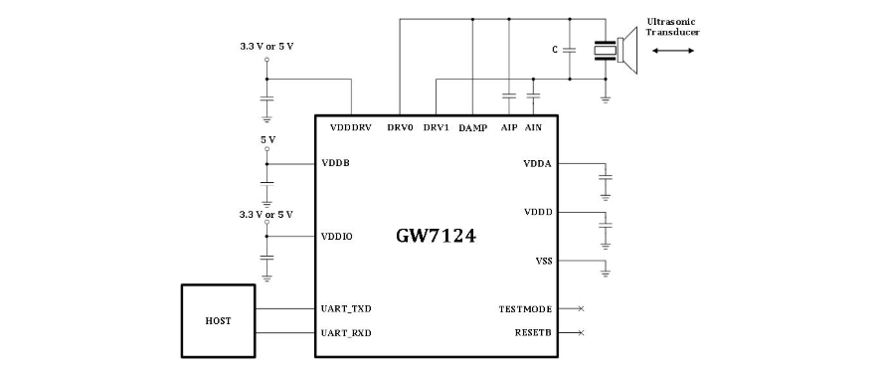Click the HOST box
tap(218, 321)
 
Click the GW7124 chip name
tap(436, 236)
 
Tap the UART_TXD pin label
tap(346, 309)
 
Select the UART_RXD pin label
tap(346, 333)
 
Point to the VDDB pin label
tap(335, 163)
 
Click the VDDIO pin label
tap(337, 236)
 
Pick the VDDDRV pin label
tap(350, 127)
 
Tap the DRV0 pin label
tap(400, 127)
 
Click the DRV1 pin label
tap(437, 127)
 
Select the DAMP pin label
tap(473, 127)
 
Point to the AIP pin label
tap(509, 127)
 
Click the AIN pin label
tap(533, 127)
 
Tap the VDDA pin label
tap(538, 164)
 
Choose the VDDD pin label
tap(538, 213)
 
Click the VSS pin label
tap(544, 261)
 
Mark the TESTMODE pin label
tap(525, 309)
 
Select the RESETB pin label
tap(533, 333)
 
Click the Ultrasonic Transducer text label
tap(673, 27)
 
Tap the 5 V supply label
tap(267, 139)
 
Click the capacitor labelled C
tap(570, 50)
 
